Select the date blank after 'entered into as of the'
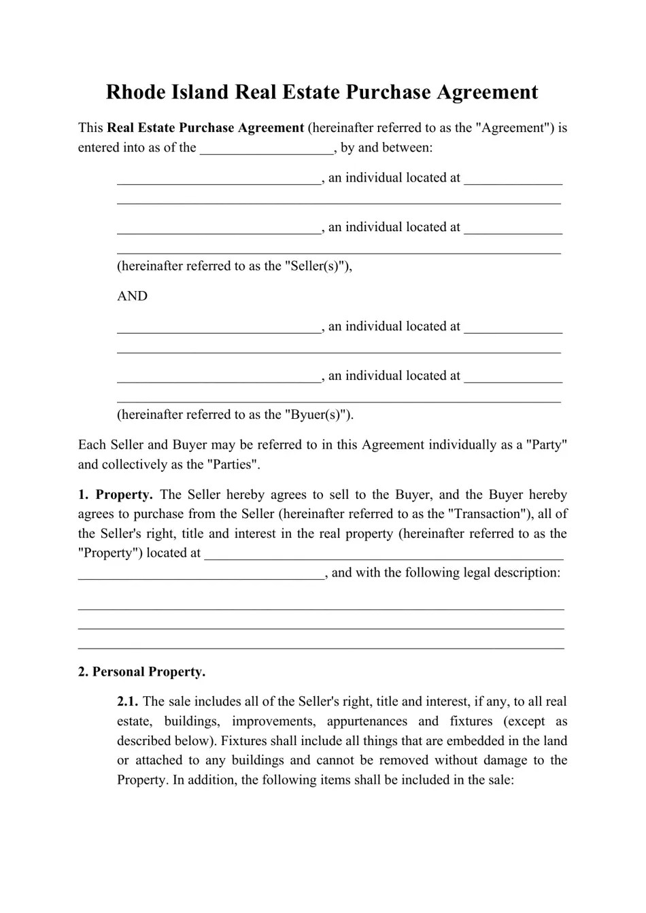(x=267, y=148)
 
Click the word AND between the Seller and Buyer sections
(x=132, y=296)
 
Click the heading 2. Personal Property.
(x=141, y=672)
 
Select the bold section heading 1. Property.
(x=115, y=495)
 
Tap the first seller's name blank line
(x=218, y=179)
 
